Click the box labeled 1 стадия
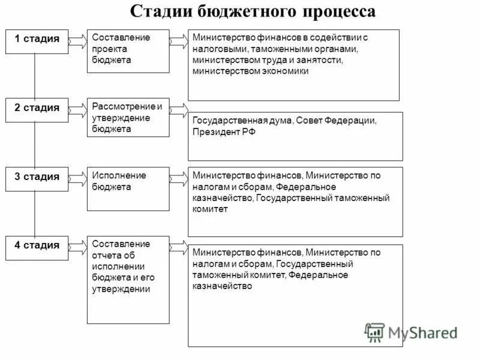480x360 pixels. pyautogui.click(x=37, y=41)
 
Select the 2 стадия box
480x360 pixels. pyautogui.click(x=37, y=109)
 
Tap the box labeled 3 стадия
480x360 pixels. pyautogui.click(x=37, y=178)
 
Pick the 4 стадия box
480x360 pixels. pyautogui.click(x=37, y=247)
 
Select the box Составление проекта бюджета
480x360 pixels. pyautogui.click(x=128, y=50)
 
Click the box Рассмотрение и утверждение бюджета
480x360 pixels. pyautogui.click(x=128, y=117)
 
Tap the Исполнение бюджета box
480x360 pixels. pyautogui.click(x=128, y=188)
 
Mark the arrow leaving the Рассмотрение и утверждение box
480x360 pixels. pyautogui.click(x=178, y=109)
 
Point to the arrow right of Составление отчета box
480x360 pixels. pyautogui.click(x=178, y=247)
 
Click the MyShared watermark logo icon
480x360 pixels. pyautogui.click(x=374, y=332)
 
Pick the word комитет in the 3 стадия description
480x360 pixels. pyautogui.click(x=211, y=209)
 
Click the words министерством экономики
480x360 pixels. pyautogui.click(x=251, y=71)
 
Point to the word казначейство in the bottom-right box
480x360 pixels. pyautogui.click(x=222, y=286)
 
